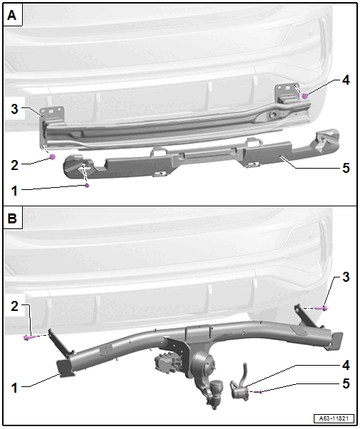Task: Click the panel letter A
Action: (x=12, y=16)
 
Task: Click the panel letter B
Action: (x=12, y=218)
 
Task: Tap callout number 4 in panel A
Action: (x=346, y=80)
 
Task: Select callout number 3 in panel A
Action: (x=14, y=109)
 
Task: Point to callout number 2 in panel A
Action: (x=14, y=165)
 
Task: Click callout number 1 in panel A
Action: (x=14, y=191)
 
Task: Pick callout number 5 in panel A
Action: (x=346, y=168)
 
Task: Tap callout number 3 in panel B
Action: (x=346, y=277)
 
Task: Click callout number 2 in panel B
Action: (x=14, y=306)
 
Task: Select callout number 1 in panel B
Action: (x=14, y=388)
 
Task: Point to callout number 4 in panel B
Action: (x=346, y=365)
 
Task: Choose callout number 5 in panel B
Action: (x=346, y=383)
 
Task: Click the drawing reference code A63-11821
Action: (x=334, y=418)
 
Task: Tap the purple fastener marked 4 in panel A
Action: (x=305, y=96)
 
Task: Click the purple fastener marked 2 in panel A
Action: (x=52, y=157)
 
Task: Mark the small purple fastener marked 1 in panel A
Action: (x=87, y=186)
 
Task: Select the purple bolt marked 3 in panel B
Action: (x=322, y=308)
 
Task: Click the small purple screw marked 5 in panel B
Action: (x=258, y=392)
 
